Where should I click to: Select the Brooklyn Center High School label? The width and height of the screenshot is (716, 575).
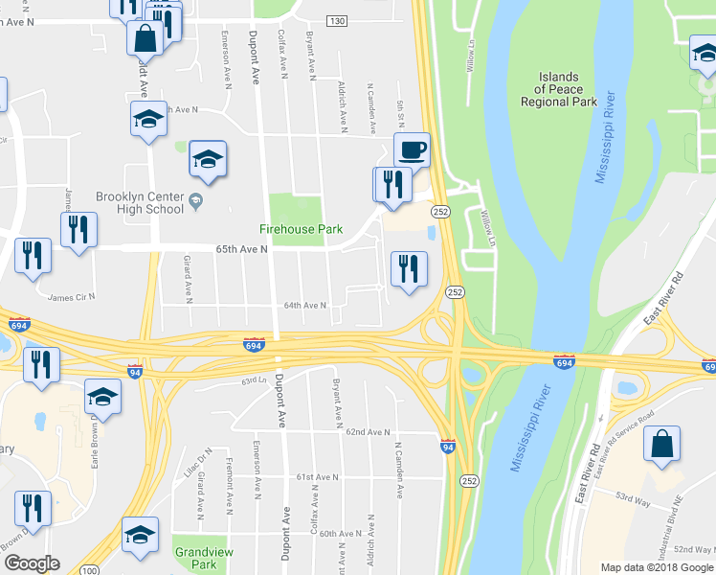click(139, 203)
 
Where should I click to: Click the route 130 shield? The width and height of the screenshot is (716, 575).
click(336, 21)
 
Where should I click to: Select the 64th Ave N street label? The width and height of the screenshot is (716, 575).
click(304, 306)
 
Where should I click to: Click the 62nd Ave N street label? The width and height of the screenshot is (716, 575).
click(369, 432)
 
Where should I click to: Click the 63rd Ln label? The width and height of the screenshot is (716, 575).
click(253, 381)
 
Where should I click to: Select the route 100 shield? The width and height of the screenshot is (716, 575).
click(88, 570)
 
